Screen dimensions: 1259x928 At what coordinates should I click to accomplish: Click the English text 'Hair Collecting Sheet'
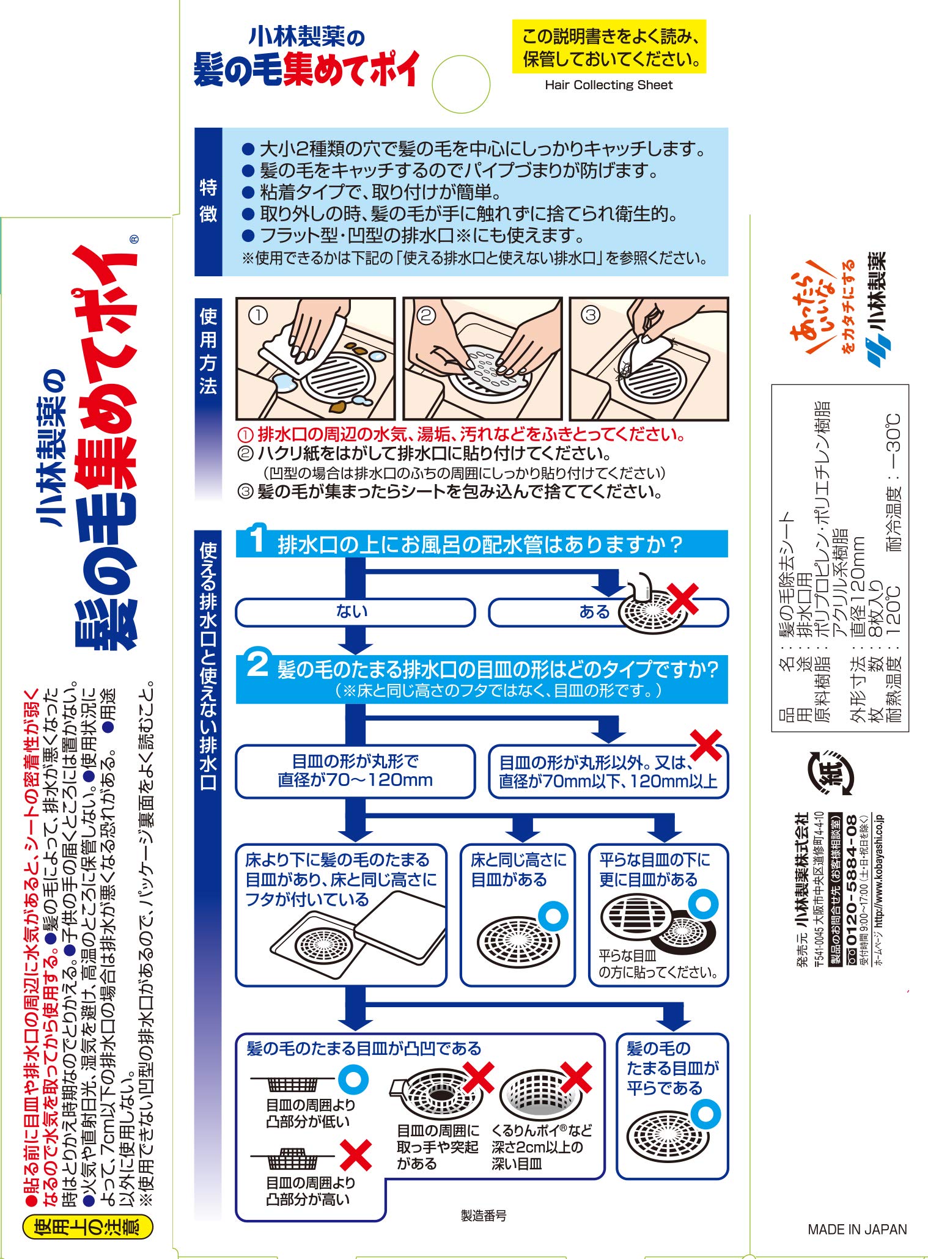(608, 86)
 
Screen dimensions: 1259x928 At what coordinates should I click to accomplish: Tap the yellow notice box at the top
(609, 47)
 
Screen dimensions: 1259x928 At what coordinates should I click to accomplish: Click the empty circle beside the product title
(461, 84)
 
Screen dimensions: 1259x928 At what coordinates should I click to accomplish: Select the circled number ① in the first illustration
(258, 315)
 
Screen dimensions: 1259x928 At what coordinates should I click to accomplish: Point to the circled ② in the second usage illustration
(425, 315)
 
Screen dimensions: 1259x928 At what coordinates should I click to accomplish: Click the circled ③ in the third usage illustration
(590, 315)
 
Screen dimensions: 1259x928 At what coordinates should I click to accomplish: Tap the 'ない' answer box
(355, 612)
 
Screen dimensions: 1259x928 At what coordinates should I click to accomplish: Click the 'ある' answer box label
(594, 612)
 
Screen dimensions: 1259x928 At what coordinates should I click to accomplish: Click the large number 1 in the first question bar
(257, 540)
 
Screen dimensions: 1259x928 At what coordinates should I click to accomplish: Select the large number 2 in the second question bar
(257, 664)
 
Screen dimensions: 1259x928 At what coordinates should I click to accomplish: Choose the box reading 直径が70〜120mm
(355, 771)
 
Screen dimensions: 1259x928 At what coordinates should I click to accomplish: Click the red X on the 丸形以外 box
(706, 746)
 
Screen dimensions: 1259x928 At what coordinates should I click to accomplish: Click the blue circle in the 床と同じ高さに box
(553, 916)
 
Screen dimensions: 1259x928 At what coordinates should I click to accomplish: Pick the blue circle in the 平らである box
(706, 1114)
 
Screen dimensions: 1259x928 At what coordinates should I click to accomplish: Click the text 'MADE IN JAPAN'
(857, 1230)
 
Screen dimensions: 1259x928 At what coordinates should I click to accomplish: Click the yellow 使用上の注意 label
(87, 1227)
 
